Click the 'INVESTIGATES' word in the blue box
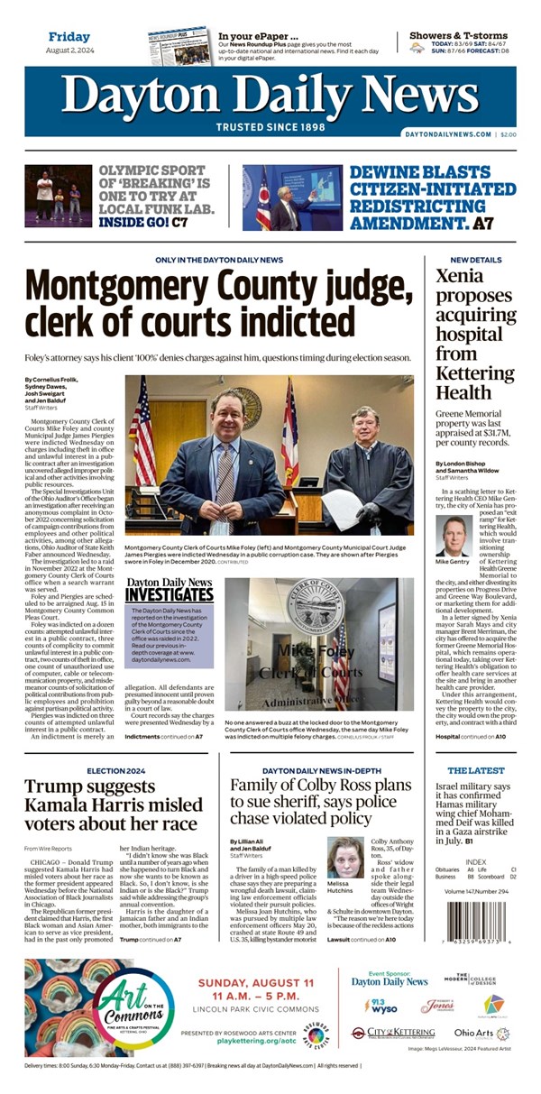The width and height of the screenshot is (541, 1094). pyautogui.click(x=169, y=595)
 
